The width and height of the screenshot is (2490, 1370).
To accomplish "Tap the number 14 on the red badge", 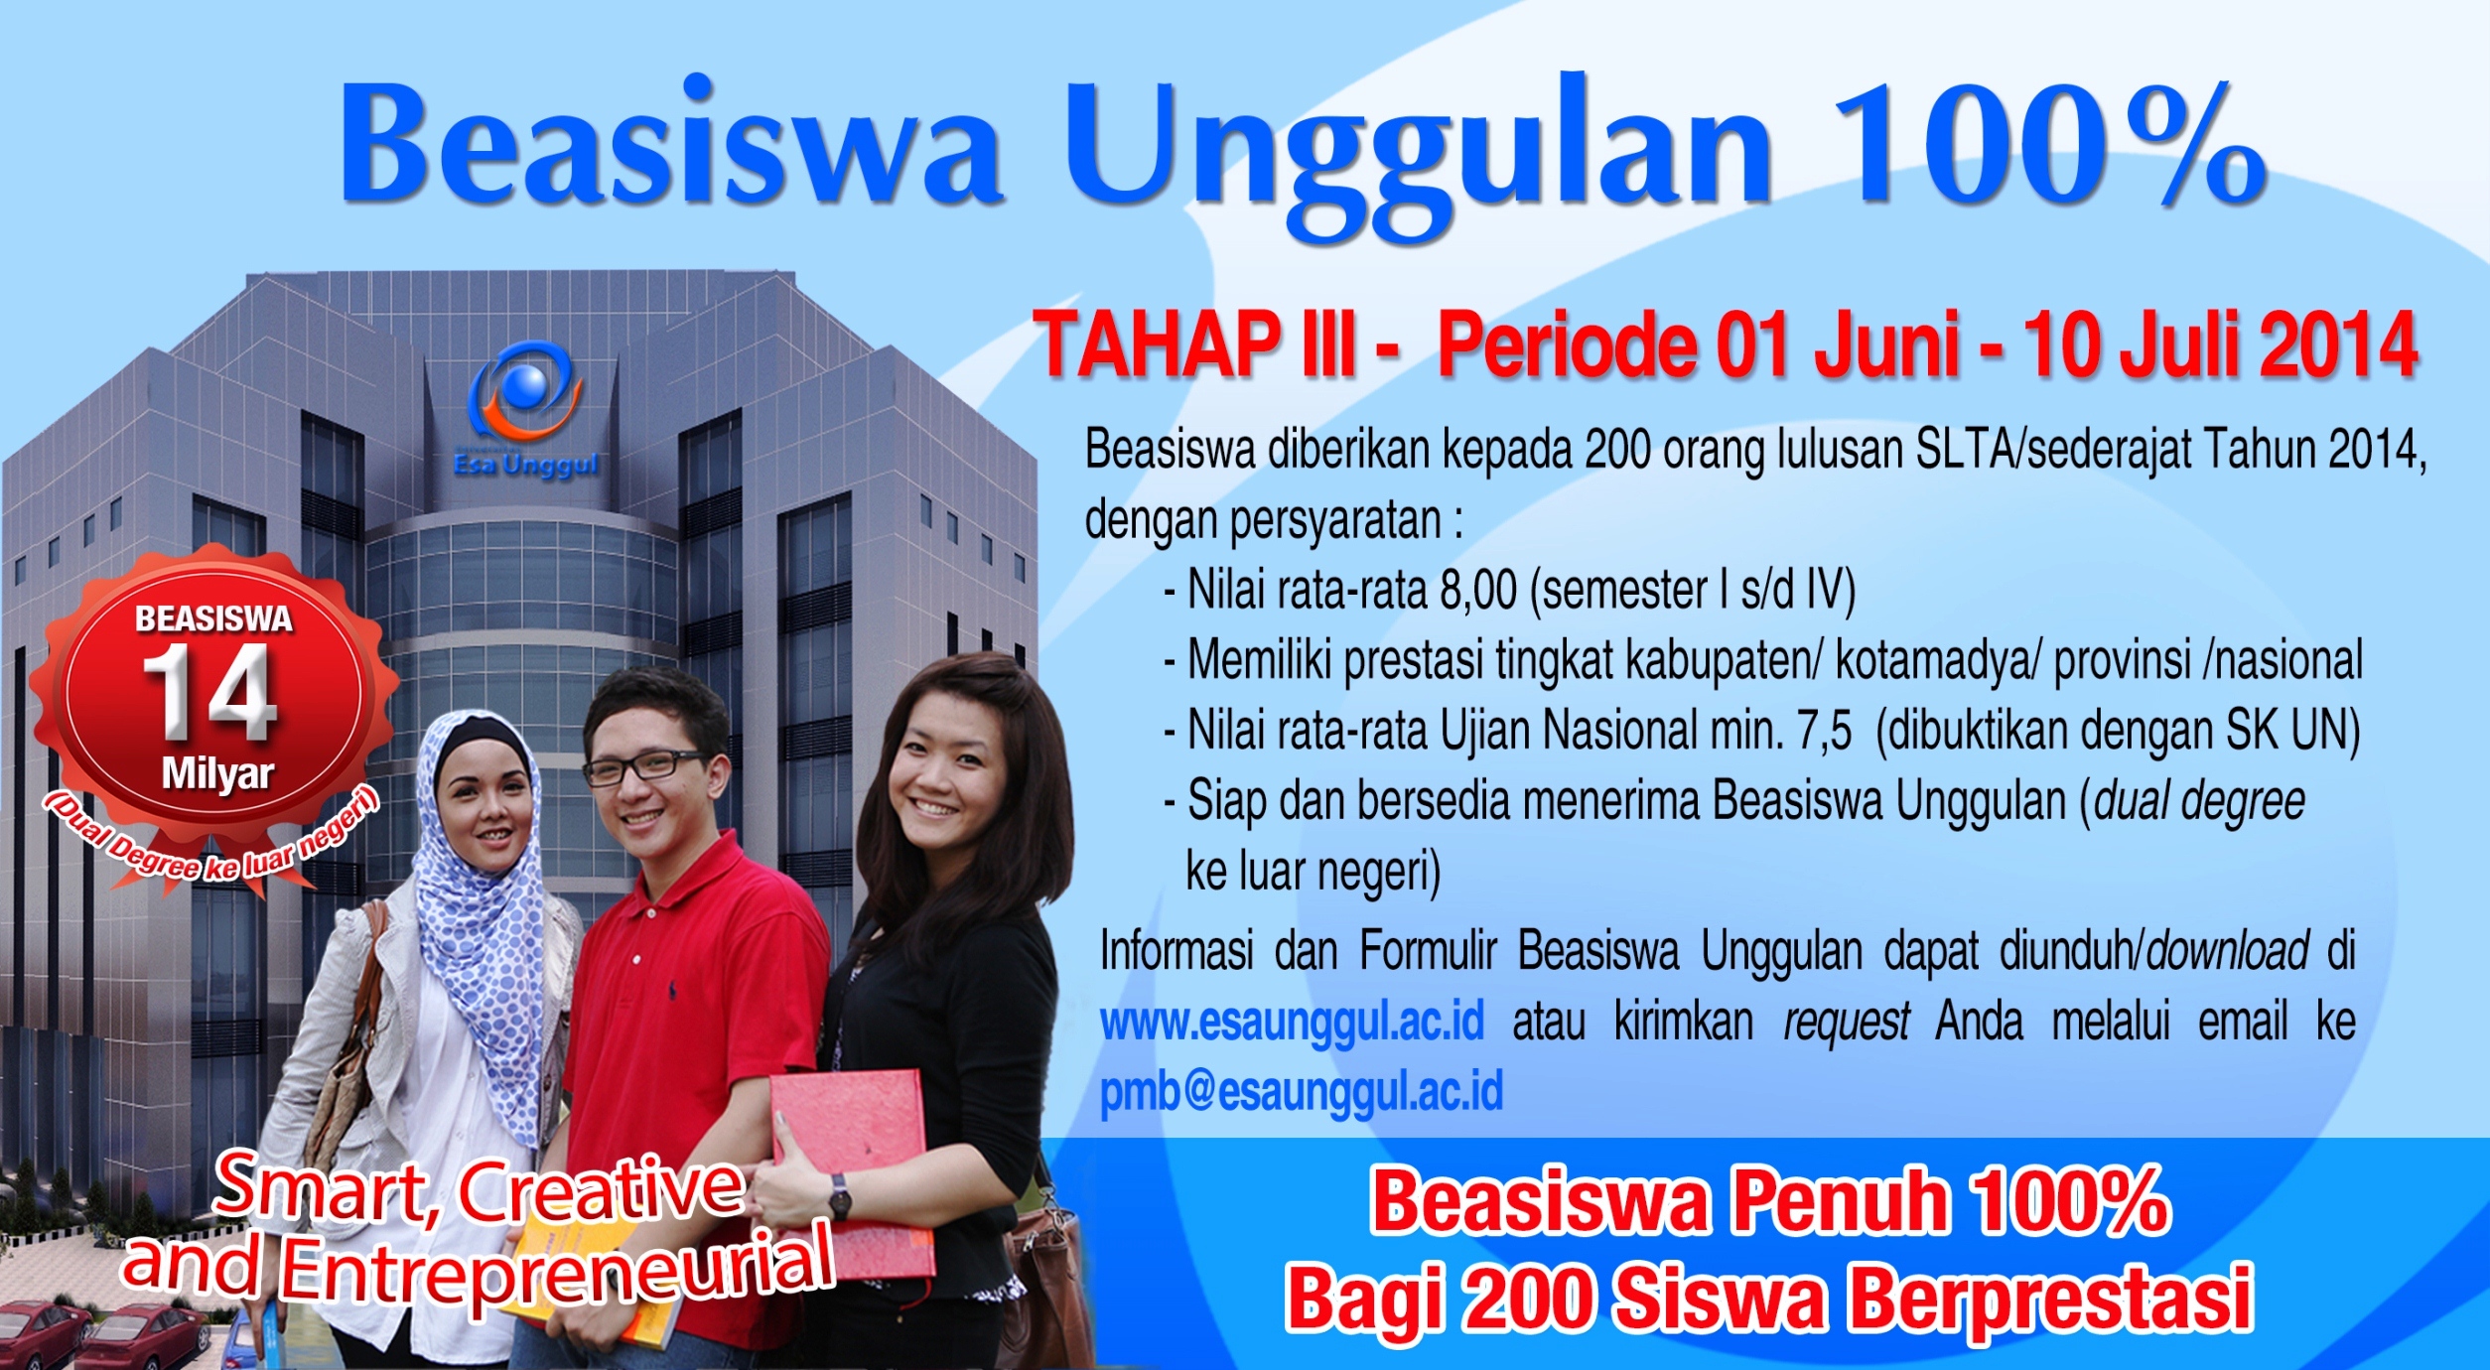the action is click(209, 691).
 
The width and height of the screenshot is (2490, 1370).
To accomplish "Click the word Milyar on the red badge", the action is click(217, 774).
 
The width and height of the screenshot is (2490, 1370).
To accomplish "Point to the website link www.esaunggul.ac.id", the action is click(1292, 1022).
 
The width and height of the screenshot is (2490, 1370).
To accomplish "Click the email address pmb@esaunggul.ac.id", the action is click(1302, 1091).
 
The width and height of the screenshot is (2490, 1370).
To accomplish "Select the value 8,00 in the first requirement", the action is click(1477, 591).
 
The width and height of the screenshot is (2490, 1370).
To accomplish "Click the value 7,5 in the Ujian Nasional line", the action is click(1825, 732).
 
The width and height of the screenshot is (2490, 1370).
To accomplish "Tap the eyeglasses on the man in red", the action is click(643, 766).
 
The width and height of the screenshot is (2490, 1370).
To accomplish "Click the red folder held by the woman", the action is click(852, 1171).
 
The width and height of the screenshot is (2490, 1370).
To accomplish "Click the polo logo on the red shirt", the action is click(672, 989).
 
